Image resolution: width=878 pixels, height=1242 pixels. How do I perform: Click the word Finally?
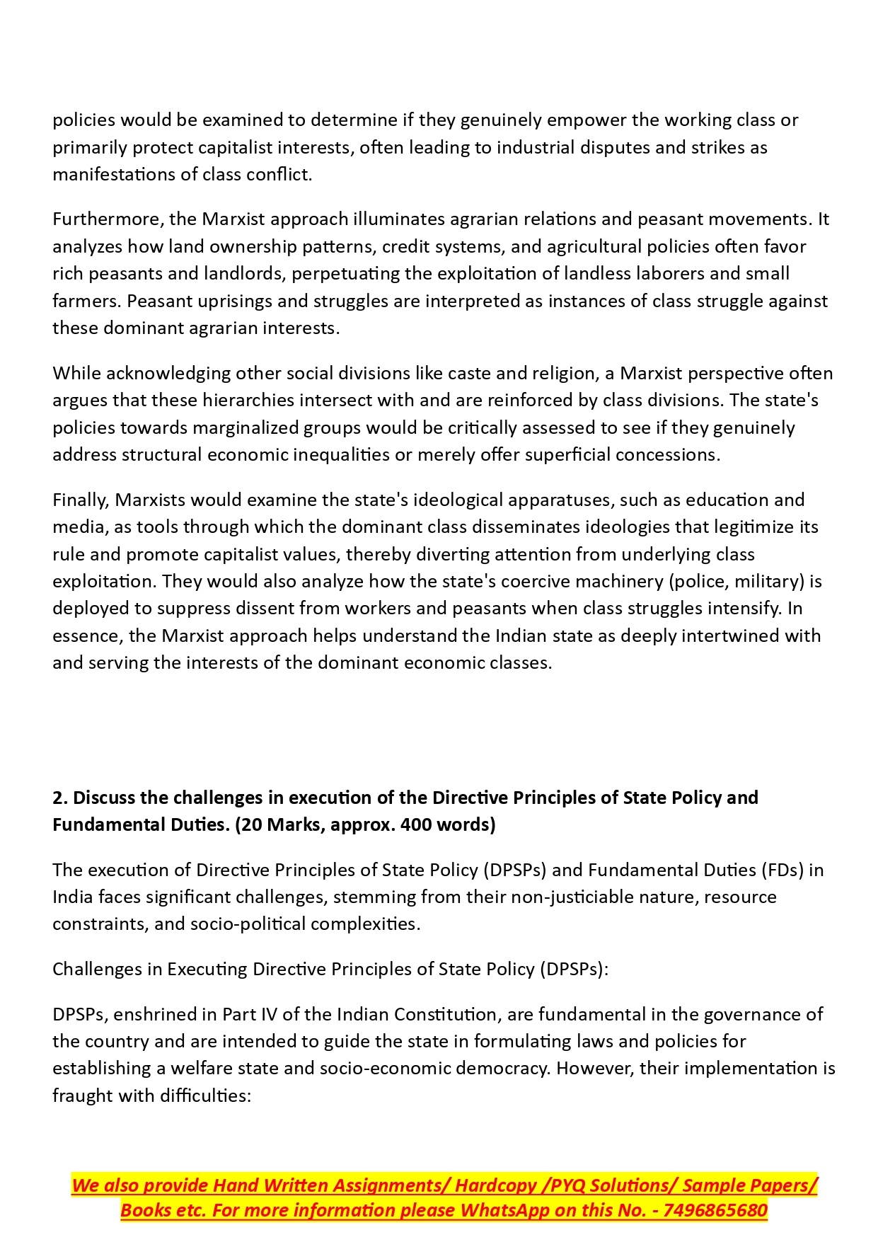click(x=81, y=500)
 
